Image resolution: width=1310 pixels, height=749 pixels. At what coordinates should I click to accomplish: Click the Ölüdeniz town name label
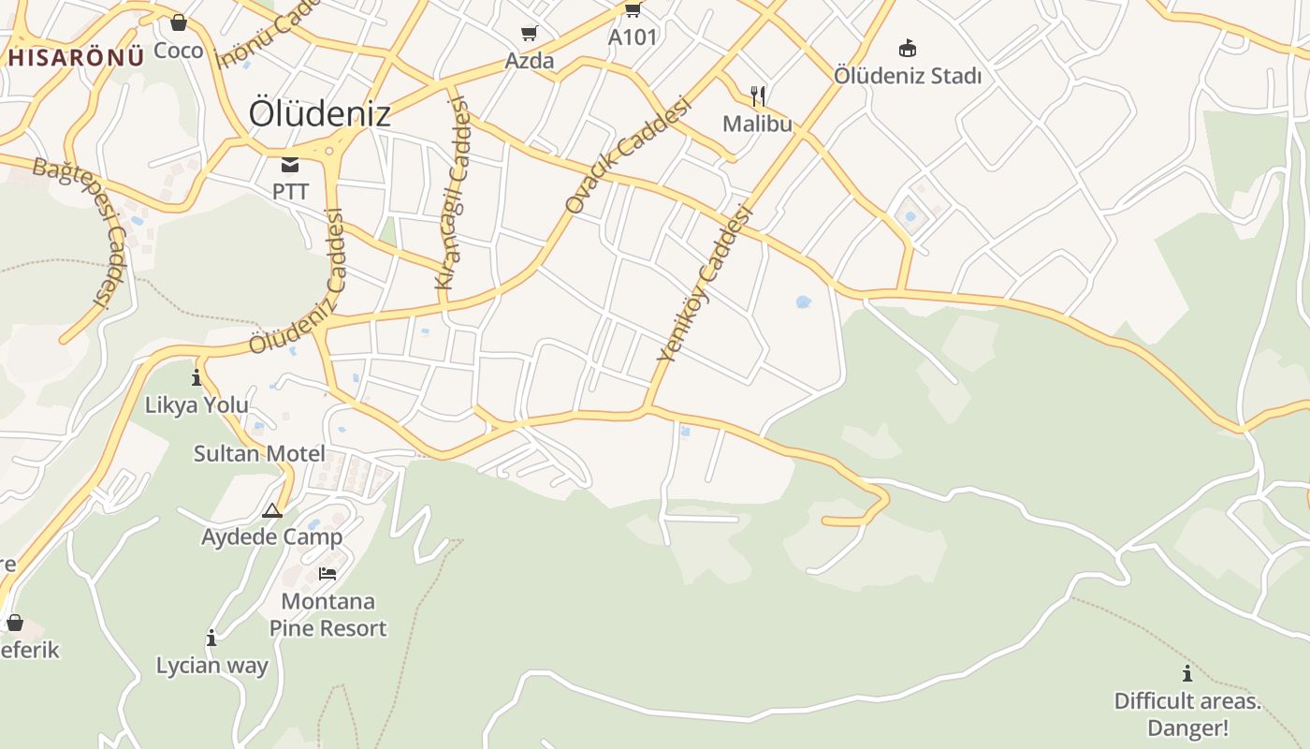(319, 113)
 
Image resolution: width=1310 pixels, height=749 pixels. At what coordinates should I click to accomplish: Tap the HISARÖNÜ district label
(77, 57)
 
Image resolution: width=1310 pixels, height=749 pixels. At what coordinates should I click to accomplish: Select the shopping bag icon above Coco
(179, 22)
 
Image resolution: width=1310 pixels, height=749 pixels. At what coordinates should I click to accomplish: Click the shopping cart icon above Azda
(529, 34)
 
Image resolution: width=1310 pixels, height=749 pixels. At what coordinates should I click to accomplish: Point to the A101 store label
(633, 37)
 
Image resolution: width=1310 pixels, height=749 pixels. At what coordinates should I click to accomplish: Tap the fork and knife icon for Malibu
(758, 95)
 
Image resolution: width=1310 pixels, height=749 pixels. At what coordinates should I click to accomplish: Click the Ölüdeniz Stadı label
(907, 76)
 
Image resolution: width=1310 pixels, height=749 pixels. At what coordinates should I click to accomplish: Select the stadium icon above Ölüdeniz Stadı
(907, 49)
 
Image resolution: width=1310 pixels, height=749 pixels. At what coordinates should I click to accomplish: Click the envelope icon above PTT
(290, 166)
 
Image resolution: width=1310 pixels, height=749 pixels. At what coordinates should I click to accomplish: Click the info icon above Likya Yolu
(196, 378)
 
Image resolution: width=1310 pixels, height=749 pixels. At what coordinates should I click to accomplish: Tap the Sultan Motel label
(259, 454)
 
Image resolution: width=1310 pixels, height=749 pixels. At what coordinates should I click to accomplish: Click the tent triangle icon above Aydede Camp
(272, 511)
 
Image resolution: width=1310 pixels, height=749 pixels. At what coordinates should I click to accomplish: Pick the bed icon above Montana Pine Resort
(327, 573)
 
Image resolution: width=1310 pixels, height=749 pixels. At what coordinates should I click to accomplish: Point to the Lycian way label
(212, 666)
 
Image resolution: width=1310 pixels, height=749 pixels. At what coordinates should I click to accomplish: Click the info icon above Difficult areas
(1187, 673)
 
